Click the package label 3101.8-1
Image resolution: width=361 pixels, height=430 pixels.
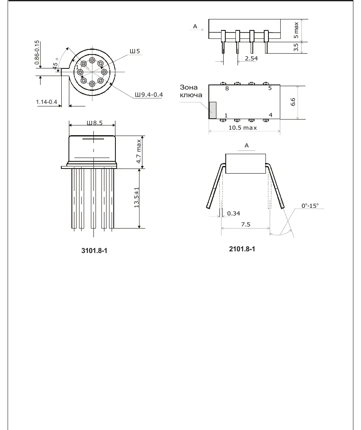coord(94,250)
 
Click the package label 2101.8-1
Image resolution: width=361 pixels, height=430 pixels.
coord(242,249)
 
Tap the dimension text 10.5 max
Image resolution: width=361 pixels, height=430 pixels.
coord(243,128)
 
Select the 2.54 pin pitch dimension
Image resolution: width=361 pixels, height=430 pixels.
coord(252,58)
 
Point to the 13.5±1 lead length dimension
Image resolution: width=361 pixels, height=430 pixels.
coord(137,197)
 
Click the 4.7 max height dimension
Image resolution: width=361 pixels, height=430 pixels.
coord(139,151)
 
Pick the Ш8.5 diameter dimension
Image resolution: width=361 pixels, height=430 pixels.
coord(95,123)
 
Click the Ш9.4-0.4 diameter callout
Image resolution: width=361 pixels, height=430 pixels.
coord(148,95)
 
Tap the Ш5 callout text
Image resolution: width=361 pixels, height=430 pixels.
coord(135,51)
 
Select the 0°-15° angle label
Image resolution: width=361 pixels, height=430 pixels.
coord(310,206)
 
